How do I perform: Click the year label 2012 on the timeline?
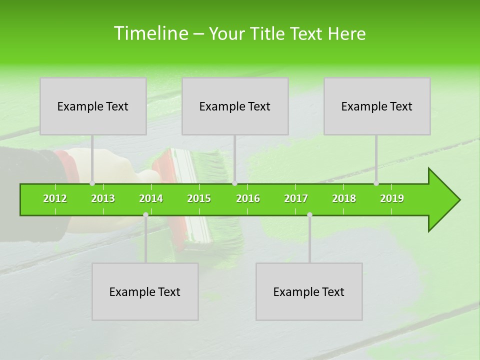point(55,198)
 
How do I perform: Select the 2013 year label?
point(103,198)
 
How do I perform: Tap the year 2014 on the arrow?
point(151,198)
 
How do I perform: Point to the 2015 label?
point(199,198)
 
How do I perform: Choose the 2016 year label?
point(248,198)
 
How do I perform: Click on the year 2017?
point(296,198)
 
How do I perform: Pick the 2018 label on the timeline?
point(344,198)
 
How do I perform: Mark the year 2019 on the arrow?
point(392,198)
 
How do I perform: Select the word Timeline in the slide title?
point(150,33)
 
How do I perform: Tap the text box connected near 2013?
point(93,106)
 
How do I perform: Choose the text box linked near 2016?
point(235,106)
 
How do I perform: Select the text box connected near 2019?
point(377,106)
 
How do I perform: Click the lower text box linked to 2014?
point(145,291)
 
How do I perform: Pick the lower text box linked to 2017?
point(309,291)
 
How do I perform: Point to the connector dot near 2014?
point(145,214)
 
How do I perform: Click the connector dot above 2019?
point(376,183)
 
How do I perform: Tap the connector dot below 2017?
point(309,214)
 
